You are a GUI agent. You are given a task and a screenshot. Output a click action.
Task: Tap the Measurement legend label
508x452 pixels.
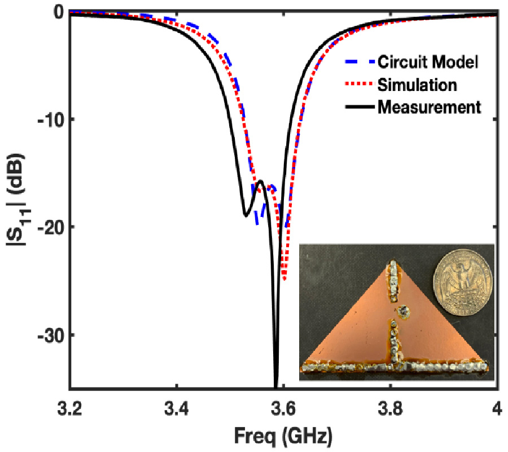coord(430,106)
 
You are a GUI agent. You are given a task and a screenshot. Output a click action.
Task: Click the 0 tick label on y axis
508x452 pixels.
coord(57,11)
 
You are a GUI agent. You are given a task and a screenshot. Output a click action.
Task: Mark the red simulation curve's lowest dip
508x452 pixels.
coord(284,279)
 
